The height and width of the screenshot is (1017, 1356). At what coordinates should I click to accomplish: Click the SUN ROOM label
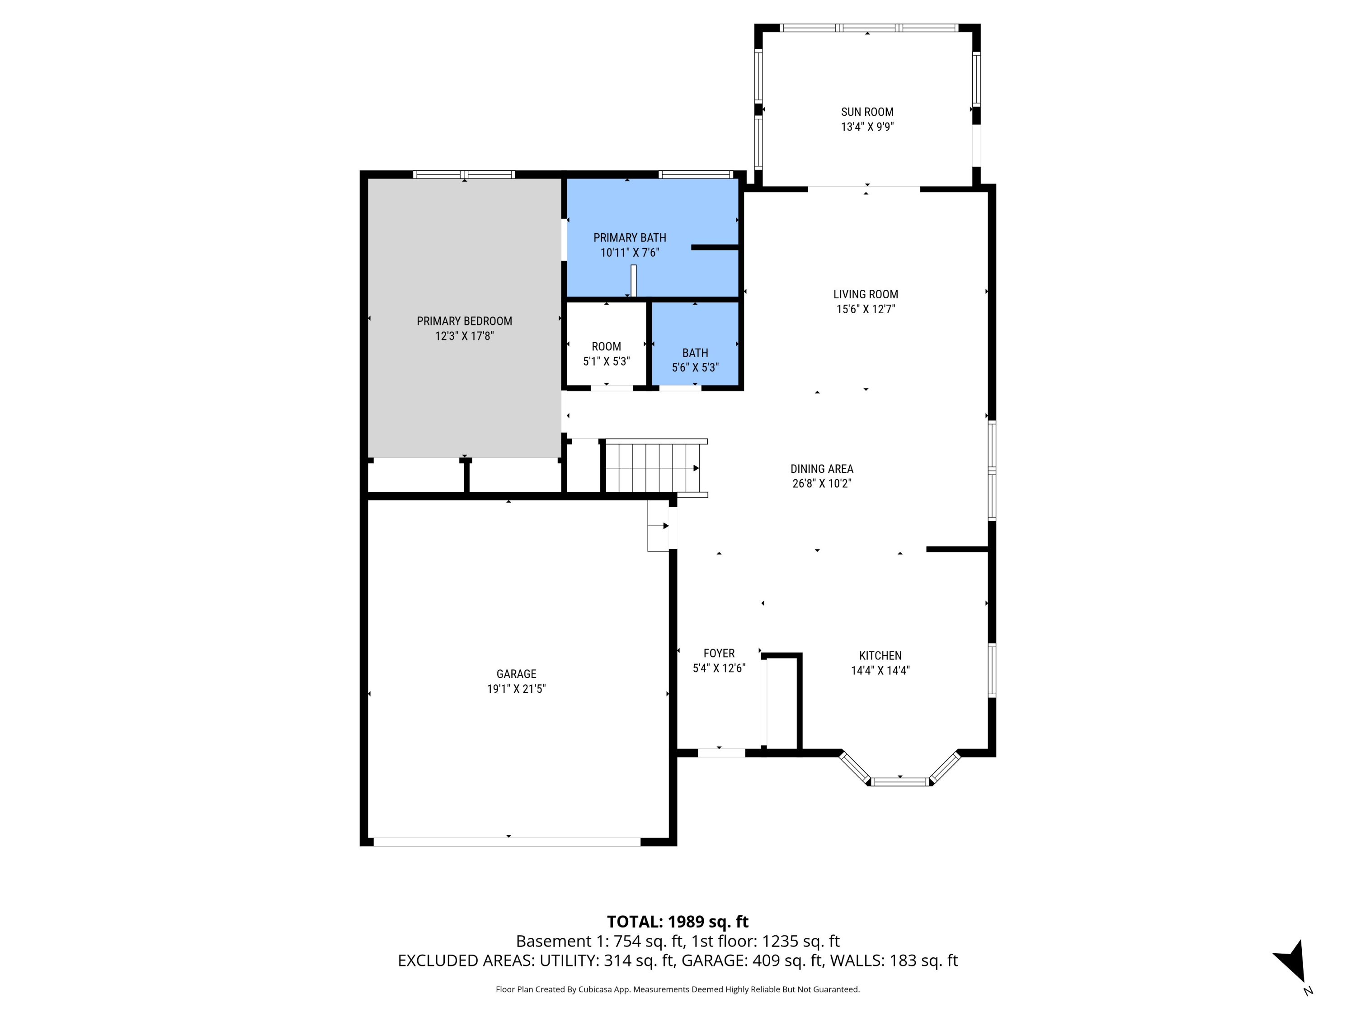[867, 112]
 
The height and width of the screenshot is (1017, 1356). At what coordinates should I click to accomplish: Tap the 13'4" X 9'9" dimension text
[867, 127]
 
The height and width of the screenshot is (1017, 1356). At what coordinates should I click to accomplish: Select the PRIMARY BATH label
[630, 238]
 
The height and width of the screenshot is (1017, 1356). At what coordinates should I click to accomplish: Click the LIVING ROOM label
[866, 295]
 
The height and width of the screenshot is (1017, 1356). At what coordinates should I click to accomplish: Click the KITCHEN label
[880, 656]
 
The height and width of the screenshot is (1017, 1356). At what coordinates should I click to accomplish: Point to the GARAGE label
[516, 674]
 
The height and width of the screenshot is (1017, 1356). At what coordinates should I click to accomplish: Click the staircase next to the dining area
[653, 468]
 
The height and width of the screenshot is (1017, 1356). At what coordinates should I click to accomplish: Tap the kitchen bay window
[900, 782]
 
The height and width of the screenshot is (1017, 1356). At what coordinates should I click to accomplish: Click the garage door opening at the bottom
[507, 842]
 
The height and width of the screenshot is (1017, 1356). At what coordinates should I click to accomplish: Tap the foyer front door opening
[721, 753]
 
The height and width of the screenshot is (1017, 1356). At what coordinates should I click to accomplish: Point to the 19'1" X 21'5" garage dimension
[516, 689]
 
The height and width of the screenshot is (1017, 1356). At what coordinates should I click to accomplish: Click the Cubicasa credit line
[678, 989]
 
